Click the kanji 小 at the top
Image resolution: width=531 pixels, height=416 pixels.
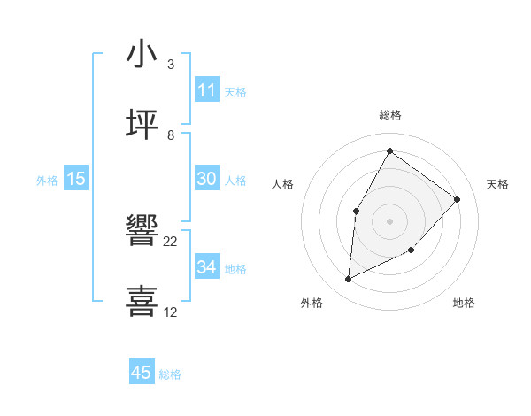(x=142, y=55)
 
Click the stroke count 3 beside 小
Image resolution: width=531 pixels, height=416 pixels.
(x=171, y=65)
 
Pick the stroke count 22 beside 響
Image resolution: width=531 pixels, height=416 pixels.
(x=171, y=241)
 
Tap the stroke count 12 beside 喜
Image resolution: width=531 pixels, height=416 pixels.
(x=171, y=312)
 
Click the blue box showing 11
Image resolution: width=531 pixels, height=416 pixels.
(x=207, y=90)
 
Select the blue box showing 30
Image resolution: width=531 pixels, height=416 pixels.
(x=207, y=179)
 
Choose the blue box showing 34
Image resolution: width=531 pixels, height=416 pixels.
(x=207, y=267)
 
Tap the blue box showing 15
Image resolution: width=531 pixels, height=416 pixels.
(x=76, y=179)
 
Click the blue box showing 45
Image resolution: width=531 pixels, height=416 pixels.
(x=142, y=373)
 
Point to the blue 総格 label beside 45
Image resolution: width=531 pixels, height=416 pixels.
(x=170, y=374)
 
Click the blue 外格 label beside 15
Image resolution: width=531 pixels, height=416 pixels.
(x=47, y=181)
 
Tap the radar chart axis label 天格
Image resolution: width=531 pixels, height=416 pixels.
(x=497, y=184)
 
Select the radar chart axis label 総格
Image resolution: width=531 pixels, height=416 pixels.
(x=390, y=115)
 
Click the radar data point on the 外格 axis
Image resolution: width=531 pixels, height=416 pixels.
(x=349, y=280)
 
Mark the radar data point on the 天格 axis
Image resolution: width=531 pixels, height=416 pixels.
(x=457, y=199)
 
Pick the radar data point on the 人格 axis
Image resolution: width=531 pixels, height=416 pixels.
(x=357, y=211)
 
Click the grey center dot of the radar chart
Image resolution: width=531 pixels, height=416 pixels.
(x=390, y=221)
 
